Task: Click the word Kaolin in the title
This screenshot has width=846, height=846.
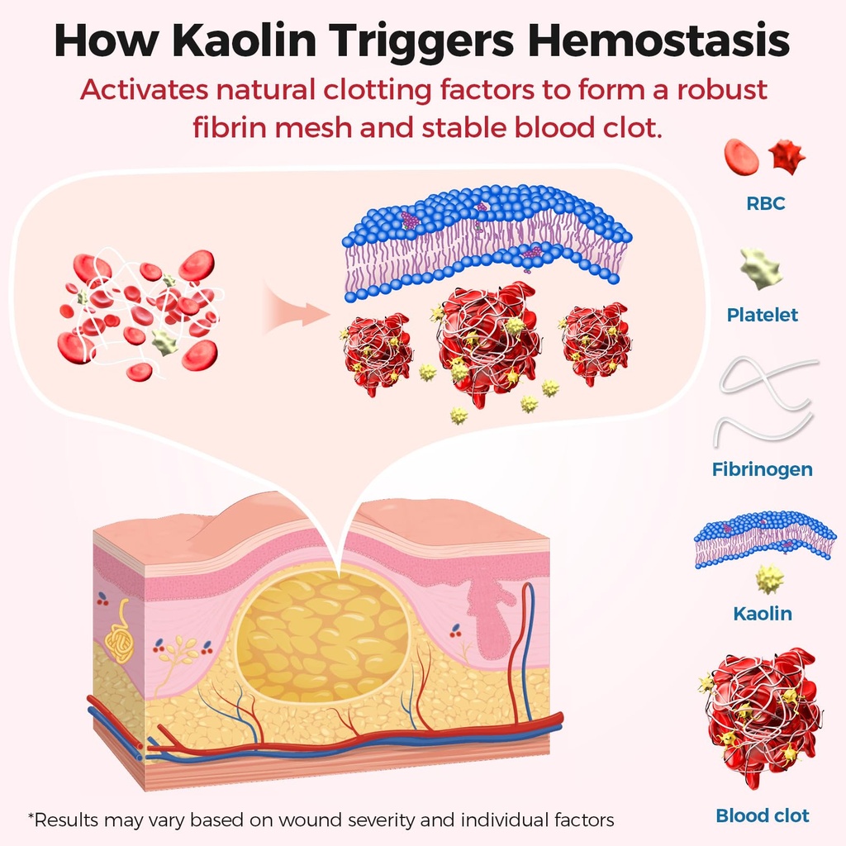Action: point(245,40)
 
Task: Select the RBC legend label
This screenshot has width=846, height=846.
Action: point(765,203)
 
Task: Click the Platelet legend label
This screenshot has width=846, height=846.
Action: point(762,315)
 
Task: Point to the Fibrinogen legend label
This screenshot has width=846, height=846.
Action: point(762,469)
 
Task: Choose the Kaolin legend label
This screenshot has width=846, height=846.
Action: point(763,614)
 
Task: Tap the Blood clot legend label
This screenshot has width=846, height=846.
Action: point(763,815)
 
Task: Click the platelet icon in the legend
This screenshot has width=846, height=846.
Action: point(761,269)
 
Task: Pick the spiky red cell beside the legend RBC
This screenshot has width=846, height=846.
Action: point(787,157)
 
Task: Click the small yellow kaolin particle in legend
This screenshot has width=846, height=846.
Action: point(770,579)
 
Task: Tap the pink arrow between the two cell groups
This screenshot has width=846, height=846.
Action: point(296,311)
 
